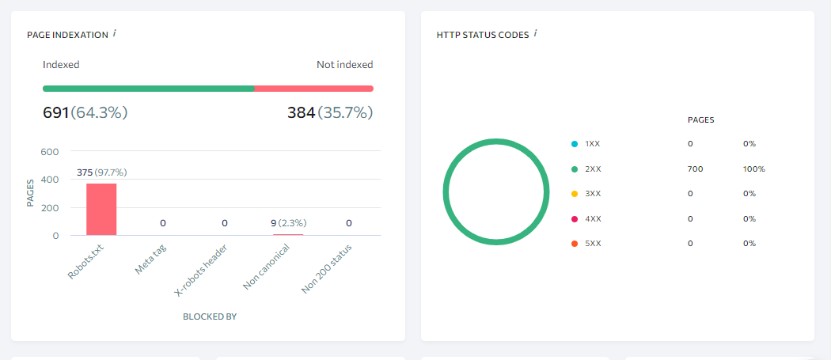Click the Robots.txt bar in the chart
click(x=101, y=210)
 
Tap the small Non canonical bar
click(x=287, y=234)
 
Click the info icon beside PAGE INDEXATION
click(x=115, y=33)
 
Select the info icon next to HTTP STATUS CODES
click(x=536, y=33)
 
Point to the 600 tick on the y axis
click(x=50, y=152)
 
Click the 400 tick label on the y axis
click(x=50, y=180)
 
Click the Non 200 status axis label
click(x=326, y=269)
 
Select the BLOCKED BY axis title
click(x=210, y=316)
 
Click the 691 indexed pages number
click(x=56, y=112)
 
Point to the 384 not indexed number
click(x=301, y=112)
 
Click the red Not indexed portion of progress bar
click(x=313, y=89)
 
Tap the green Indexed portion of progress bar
click(x=148, y=89)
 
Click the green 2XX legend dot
click(x=574, y=169)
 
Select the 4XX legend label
click(x=593, y=218)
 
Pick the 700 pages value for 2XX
click(x=695, y=169)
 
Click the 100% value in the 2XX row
click(x=753, y=169)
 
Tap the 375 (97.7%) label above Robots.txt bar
click(x=101, y=172)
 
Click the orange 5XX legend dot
click(x=574, y=243)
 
